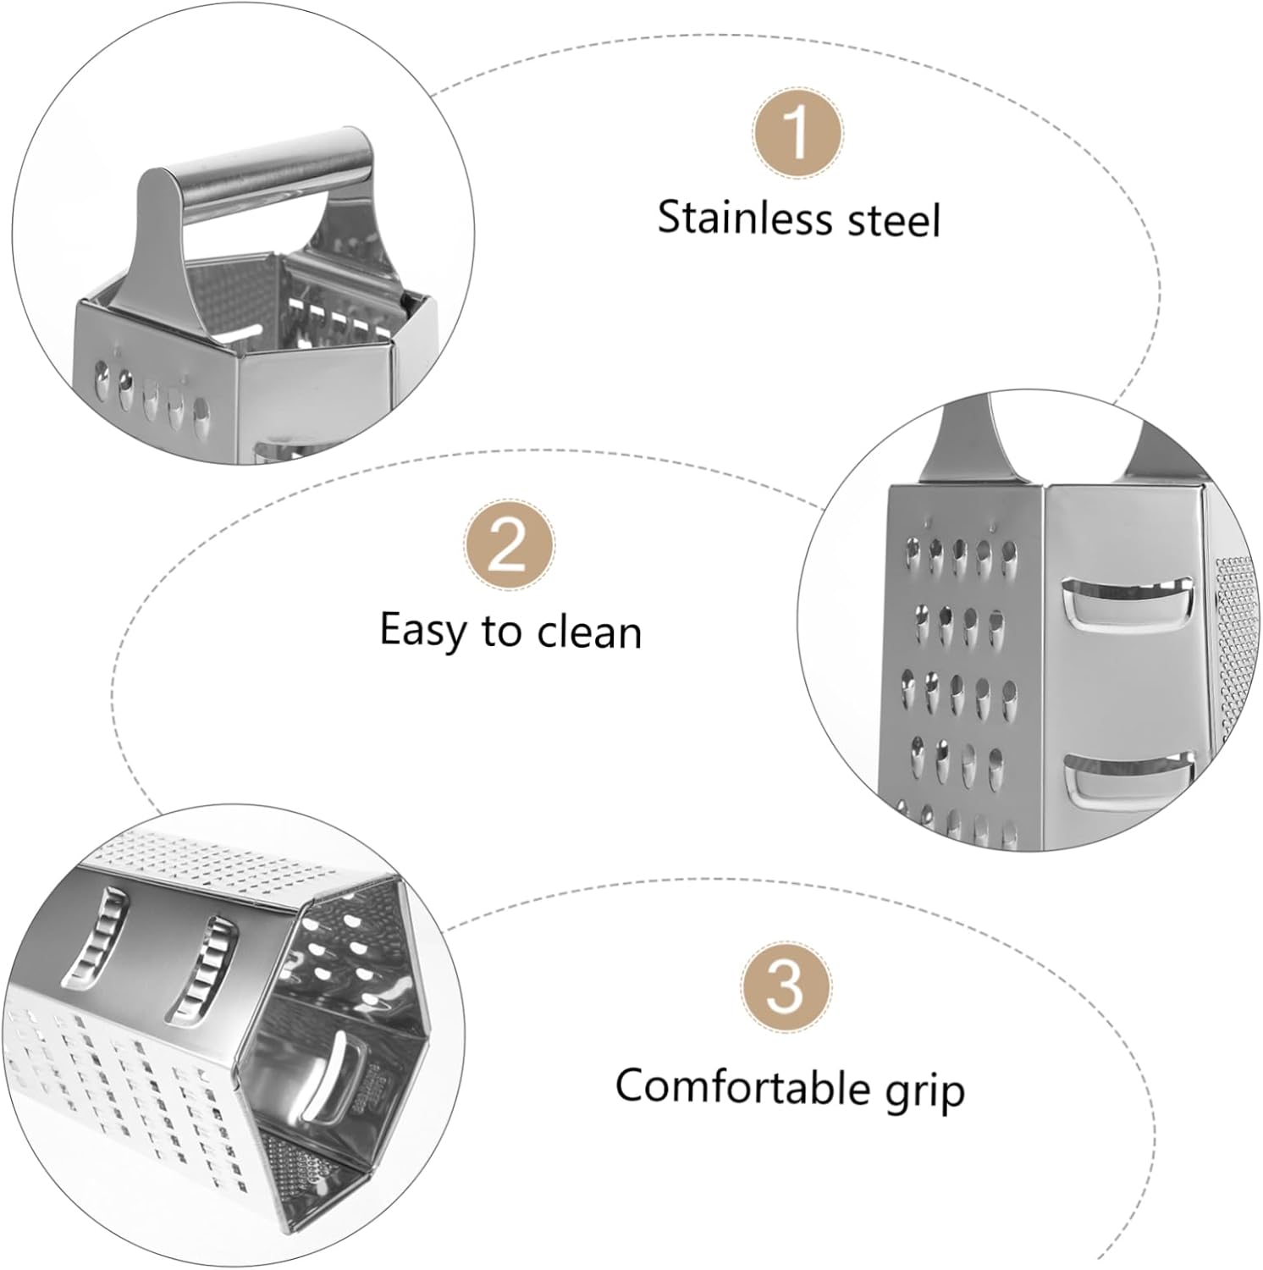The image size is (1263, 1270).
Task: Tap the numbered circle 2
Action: pos(509,545)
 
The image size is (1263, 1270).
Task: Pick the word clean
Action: pos(589,632)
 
